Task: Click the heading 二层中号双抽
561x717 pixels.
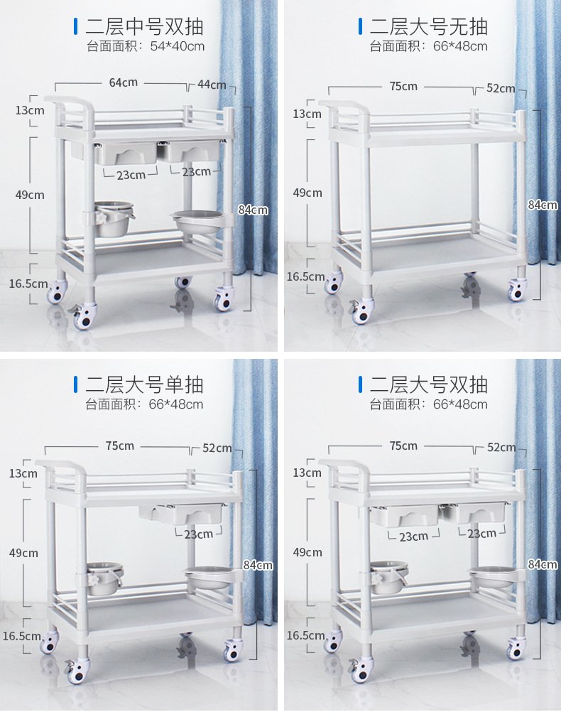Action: tap(144, 27)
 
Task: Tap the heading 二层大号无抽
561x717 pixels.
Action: tap(428, 27)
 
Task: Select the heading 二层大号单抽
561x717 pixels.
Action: tap(144, 384)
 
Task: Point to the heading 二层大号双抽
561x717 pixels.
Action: tap(428, 384)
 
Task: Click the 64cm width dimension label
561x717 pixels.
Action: tap(124, 82)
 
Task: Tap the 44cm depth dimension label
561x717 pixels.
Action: tap(212, 85)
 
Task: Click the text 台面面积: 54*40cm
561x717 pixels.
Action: tap(146, 46)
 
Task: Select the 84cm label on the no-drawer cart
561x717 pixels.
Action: tap(543, 205)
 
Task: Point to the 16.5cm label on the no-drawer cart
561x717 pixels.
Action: tap(305, 276)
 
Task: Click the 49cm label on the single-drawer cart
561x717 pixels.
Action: tap(23, 553)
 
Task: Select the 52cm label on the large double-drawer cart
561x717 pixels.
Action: tap(501, 447)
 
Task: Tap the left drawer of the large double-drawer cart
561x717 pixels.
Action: tap(404, 516)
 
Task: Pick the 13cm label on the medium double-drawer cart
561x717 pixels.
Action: tap(30, 110)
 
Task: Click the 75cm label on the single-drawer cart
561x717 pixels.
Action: tap(120, 446)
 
